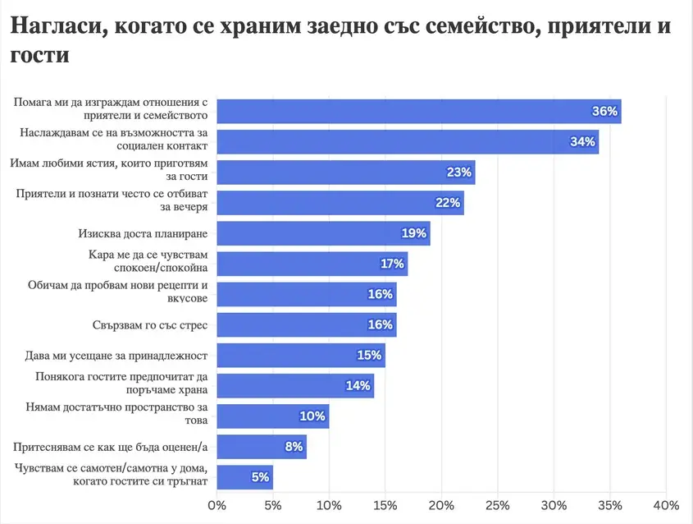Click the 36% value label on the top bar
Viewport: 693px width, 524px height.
604,111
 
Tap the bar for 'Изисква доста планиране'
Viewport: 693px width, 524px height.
323,233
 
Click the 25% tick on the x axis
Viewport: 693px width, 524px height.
498,504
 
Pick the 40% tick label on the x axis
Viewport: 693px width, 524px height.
666,504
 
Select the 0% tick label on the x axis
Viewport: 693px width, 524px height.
217,504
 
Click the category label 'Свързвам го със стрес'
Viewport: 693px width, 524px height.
149,324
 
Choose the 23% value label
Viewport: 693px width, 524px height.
459,172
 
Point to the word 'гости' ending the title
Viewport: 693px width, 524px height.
39,56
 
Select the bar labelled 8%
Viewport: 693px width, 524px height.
262,447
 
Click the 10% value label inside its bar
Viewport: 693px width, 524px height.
312,416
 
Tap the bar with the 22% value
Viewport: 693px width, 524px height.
340,203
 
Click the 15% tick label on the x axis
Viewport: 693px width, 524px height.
385,504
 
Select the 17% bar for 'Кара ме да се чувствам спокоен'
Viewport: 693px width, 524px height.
312,264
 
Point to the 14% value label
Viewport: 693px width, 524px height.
358,386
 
